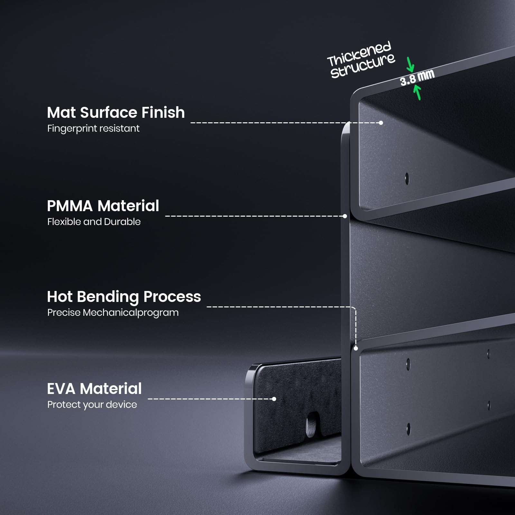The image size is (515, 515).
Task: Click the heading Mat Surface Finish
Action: tap(116, 113)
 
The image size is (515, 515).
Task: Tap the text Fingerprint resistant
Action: tap(93, 128)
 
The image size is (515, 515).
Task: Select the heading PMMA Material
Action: tap(103, 206)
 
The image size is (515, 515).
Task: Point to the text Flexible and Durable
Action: tap(94, 222)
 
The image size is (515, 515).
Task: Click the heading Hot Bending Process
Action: tap(124, 297)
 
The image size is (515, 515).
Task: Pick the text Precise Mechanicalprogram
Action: tap(113, 313)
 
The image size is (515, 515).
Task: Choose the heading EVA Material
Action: tap(94, 389)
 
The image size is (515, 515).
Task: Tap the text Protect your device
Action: tap(92, 405)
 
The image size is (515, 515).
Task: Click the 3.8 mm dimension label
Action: tap(417, 78)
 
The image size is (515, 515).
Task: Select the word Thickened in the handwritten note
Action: tap(359, 54)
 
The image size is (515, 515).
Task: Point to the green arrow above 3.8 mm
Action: tap(410, 64)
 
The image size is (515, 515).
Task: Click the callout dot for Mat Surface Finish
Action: tap(381, 123)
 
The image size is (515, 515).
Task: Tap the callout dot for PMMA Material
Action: tap(345, 216)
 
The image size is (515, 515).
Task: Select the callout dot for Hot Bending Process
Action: tap(356, 348)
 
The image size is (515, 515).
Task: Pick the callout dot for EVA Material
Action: tap(274, 399)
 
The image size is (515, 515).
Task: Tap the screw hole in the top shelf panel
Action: tap(407, 179)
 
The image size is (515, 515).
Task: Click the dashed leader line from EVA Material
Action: tap(209, 399)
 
